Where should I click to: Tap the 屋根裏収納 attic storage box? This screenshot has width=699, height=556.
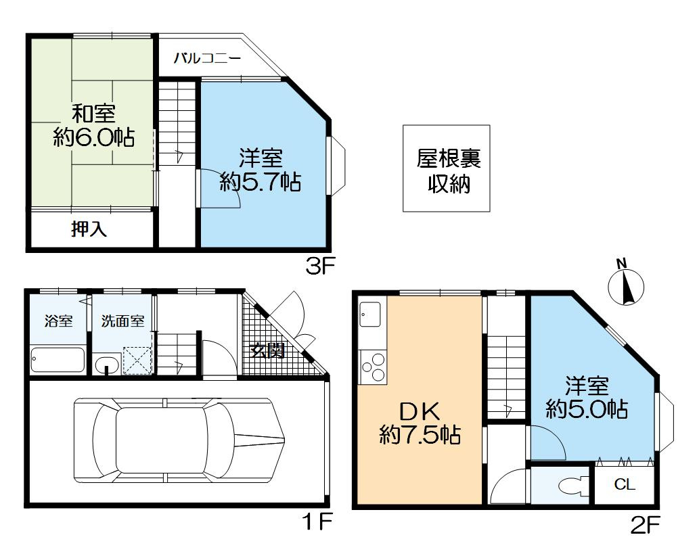coord(447,168)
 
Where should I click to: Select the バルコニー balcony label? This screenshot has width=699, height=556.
coord(207,58)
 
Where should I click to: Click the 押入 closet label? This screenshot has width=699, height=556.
coord(89,229)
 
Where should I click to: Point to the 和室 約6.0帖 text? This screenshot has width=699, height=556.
coord(94,126)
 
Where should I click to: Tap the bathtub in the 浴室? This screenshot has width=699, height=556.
coord(58,360)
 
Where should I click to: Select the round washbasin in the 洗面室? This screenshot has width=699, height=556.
coord(106,363)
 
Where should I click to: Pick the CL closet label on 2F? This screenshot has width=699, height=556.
coord(624,484)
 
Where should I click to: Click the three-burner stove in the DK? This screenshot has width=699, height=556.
coord(373,367)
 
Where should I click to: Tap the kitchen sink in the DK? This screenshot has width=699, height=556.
coord(370,314)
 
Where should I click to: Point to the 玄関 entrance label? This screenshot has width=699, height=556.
coord(267,350)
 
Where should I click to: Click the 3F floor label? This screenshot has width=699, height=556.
coord(319,267)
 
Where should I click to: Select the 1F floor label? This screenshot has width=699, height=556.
coord(317,522)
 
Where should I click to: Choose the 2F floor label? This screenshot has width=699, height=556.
coord(645,525)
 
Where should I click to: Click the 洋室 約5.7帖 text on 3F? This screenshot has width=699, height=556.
coord(261,170)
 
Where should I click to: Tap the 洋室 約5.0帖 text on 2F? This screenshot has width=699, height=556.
coord(587,397)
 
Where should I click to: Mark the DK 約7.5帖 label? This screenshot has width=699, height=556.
coord(420,423)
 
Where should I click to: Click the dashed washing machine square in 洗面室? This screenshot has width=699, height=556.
coord(137,360)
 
